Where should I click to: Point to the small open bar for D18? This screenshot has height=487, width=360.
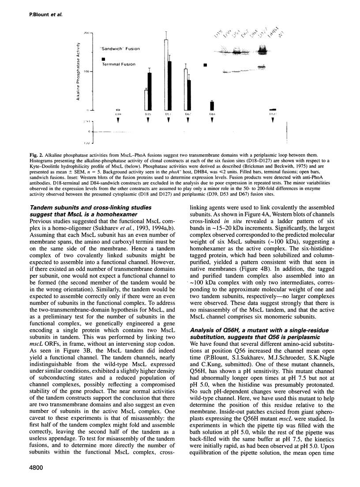click(117, 109)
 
